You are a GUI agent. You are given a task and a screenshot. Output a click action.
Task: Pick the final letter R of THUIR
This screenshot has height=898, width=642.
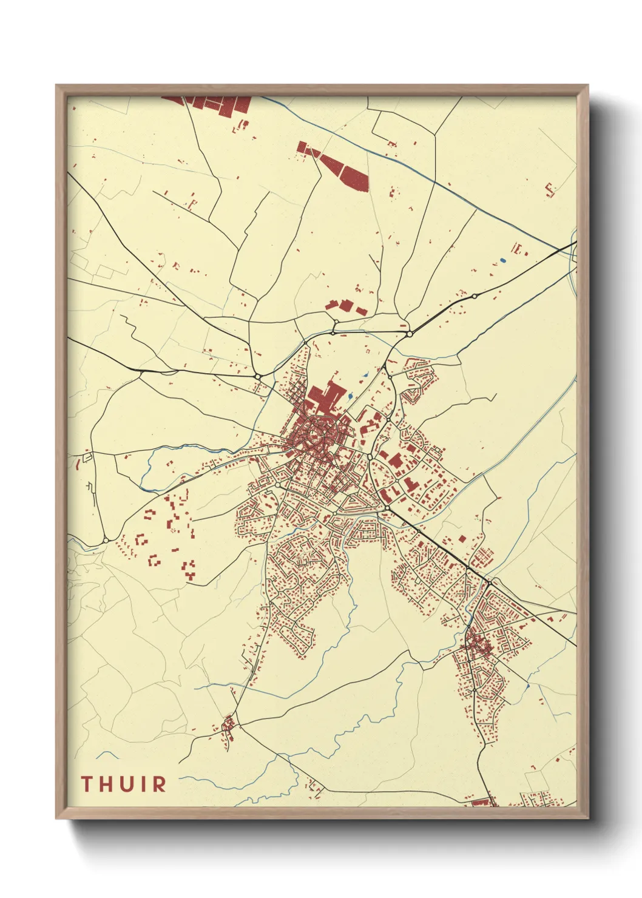point(158,784)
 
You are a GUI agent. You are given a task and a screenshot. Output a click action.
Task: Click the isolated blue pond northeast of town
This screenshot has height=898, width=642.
point(502,261)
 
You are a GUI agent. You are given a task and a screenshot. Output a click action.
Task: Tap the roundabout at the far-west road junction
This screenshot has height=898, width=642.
point(106,540)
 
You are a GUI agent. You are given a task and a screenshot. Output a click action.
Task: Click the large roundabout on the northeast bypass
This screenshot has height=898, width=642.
point(410,334)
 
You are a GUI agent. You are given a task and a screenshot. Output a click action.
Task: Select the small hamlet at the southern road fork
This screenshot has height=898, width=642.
point(229,725)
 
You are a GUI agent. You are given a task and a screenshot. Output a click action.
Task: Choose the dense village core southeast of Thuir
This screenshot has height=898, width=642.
point(479,646)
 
